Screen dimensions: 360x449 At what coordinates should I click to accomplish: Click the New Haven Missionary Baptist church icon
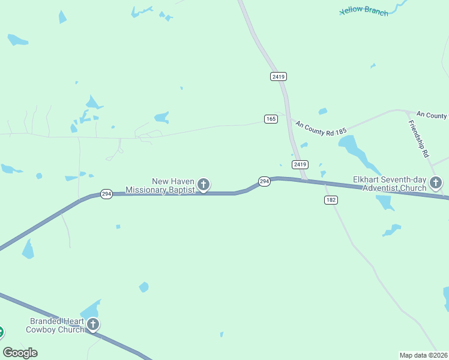pos(203,184)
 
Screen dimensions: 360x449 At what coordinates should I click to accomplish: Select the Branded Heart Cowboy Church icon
pos(92,325)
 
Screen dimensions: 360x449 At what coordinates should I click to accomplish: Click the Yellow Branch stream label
pos(364,11)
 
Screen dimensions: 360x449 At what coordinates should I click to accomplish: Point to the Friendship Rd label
pos(418,139)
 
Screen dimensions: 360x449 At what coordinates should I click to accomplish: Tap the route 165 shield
pos(271,119)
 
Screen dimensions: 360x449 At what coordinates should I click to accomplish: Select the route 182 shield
pos(331,200)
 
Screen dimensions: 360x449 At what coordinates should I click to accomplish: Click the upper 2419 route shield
pos(279,76)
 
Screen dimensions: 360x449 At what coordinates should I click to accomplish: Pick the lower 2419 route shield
pos(300,164)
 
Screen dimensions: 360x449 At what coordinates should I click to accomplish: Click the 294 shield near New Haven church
pos(264,181)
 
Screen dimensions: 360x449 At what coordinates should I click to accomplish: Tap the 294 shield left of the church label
pos(106,194)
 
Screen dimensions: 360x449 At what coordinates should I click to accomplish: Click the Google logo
pos(20,352)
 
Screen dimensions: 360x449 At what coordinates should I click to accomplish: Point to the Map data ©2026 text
pos(423,355)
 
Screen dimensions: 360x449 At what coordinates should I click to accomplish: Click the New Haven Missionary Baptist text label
pos(161,185)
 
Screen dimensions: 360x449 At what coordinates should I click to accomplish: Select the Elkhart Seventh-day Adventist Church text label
pos(390,184)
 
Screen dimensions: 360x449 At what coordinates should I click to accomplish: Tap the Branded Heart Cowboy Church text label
pos(55,325)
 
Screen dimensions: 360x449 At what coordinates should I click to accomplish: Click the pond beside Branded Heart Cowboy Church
pos(90,310)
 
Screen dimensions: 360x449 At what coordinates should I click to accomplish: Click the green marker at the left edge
pos(1,331)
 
